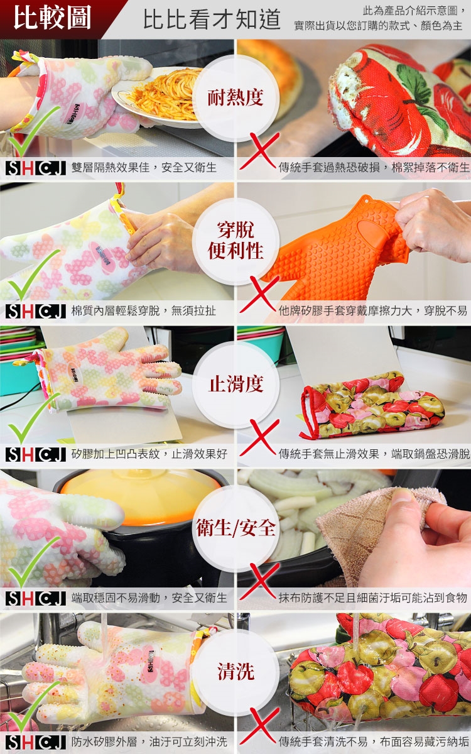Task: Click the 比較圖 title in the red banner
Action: (x=52, y=17)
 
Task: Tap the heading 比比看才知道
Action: (x=212, y=19)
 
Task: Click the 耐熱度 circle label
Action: (x=235, y=97)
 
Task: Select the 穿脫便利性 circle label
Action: (x=235, y=240)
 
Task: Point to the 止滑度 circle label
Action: (x=235, y=384)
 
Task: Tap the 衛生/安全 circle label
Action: (x=236, y=527)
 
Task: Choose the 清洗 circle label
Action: (x=235, y=671)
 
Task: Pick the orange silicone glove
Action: (x=337, y=249)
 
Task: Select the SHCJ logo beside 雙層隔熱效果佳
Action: (x=36, y=168)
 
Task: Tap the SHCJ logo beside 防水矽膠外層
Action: (x=36, y=742)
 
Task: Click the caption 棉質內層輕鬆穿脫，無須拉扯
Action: (x=144, y=310)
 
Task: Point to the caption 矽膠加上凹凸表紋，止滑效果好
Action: (x=149, y=454)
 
